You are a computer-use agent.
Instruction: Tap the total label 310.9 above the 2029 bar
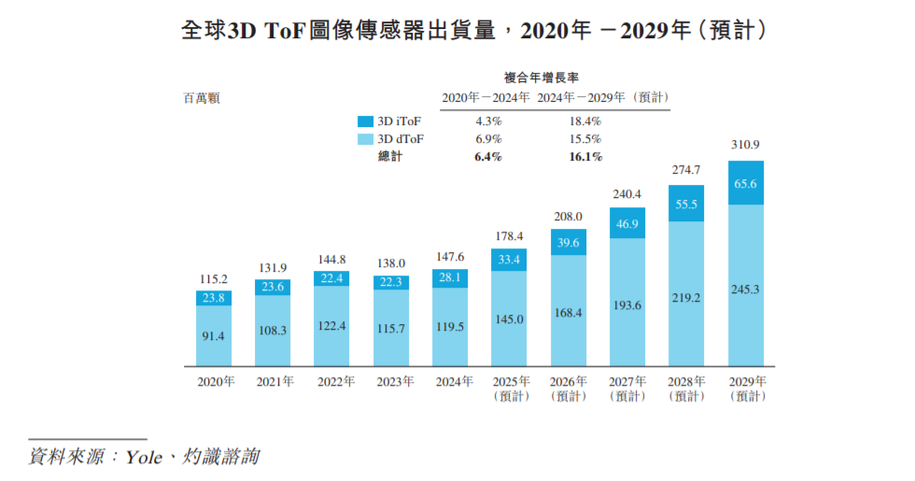[x=746, y=145]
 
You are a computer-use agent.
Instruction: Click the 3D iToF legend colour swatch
[x=365, y=121]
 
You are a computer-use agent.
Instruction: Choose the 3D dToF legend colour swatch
[x=365, y=139]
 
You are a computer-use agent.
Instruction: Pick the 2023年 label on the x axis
[x=391, y=382]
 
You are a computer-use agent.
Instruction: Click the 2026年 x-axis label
[x=569, y=382]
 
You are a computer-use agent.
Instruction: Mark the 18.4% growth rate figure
[x=584, y=121]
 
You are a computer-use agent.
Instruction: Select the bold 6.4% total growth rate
[x=488, y=157]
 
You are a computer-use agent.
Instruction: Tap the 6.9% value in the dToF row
[x=488, y=139]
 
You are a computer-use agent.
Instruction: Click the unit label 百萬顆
[x=201, y=97]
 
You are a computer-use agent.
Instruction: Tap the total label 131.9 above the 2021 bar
[x=273, y=269]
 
